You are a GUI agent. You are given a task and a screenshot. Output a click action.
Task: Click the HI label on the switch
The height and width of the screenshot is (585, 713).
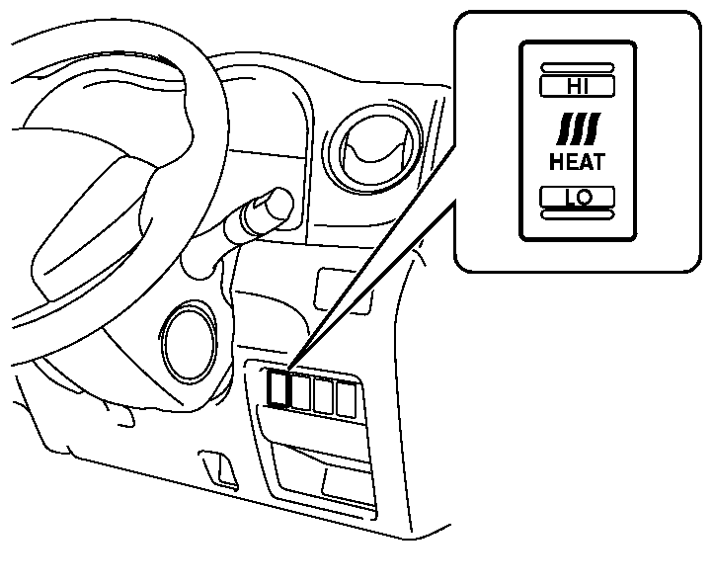pos(577,86)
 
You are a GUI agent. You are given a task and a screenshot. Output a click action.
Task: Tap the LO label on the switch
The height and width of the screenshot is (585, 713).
pos(577,197)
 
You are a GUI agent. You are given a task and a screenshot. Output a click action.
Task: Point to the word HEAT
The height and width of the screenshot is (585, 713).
pos(577,159)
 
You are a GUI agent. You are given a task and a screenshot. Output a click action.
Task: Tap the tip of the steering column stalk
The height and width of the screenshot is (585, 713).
pos(276,203)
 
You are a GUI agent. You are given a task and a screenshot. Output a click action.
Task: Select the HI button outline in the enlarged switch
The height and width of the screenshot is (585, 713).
pos(577,86)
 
